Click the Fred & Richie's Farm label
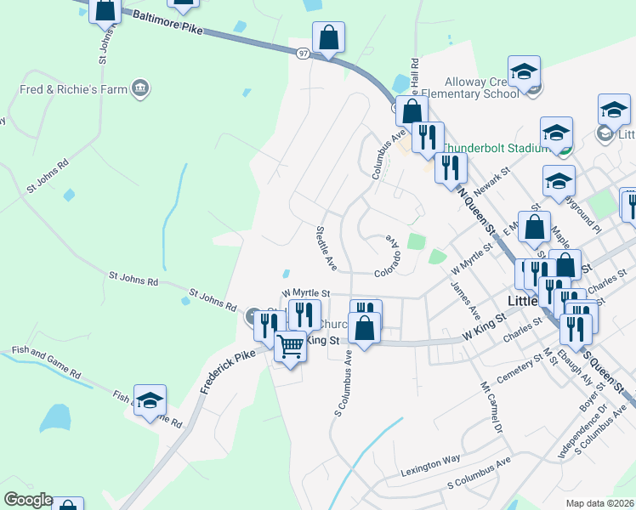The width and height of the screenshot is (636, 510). coord(72,88)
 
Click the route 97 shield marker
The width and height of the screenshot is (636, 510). coord(304,53)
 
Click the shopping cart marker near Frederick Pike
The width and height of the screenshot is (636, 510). coord(291,346)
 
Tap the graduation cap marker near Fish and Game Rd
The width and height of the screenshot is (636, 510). coord(150,401)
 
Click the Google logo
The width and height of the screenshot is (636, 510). coord(28,500)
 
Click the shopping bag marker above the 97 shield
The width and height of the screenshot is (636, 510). coord(328,37)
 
